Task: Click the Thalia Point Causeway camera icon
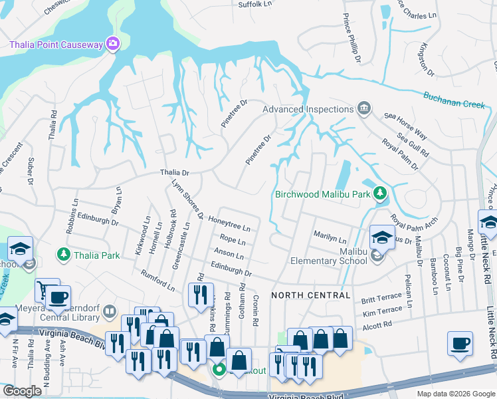[x=113, y=45]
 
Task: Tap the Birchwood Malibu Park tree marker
[x=379, y=194]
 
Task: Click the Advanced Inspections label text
[x=307, y=109]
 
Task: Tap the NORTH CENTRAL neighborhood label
[x=310, y=295]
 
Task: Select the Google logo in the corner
[x=22, y=391]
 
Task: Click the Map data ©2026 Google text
[x=455, y=394]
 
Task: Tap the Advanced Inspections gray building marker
[x=363, y=108]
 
